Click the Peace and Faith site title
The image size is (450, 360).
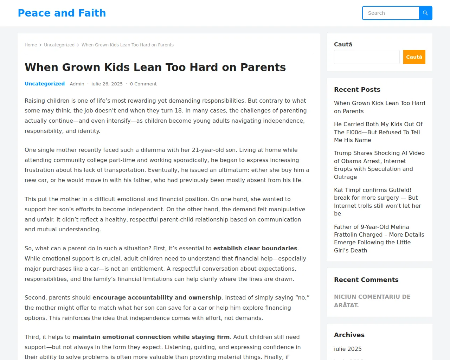(62, 13)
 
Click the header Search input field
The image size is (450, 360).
(391, 13)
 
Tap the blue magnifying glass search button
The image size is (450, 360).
(425, 13)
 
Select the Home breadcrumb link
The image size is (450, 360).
(31, 45)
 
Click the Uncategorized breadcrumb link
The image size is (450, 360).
(59, 45)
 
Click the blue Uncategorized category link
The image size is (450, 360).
(45, 84)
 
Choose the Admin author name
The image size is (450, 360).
(77, 84)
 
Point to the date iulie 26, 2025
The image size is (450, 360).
(107, 84)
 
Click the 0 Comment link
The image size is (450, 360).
(143, 84)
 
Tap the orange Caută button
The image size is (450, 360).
(414, 57)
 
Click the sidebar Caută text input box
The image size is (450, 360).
(366, 57)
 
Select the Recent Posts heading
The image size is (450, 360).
(357, 90)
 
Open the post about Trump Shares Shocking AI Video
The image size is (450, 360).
(379, 165)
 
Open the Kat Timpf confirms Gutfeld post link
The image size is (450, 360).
(377, 202)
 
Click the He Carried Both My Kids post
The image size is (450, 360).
(378, 132)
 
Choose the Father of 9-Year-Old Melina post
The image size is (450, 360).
(379, 238)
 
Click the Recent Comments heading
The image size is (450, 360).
(366, 280)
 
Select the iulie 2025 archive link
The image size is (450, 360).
(348, 349)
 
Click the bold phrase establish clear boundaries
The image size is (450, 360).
(255, 249)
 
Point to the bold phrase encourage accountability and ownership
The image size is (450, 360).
(157, 298)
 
